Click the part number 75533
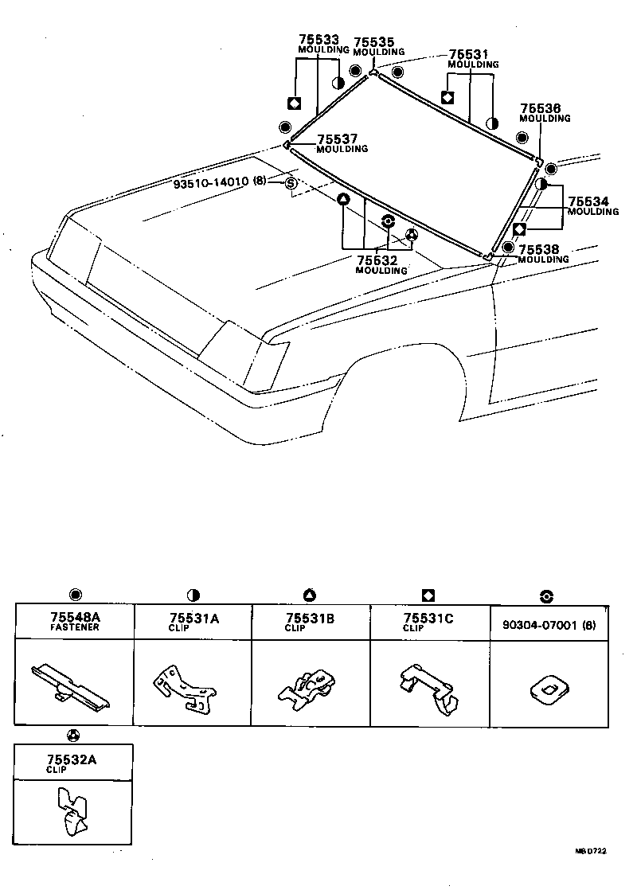318,39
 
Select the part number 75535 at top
373,42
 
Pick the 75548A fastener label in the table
75,618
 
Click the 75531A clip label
193,618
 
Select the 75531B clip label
311,618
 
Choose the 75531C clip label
428,618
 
